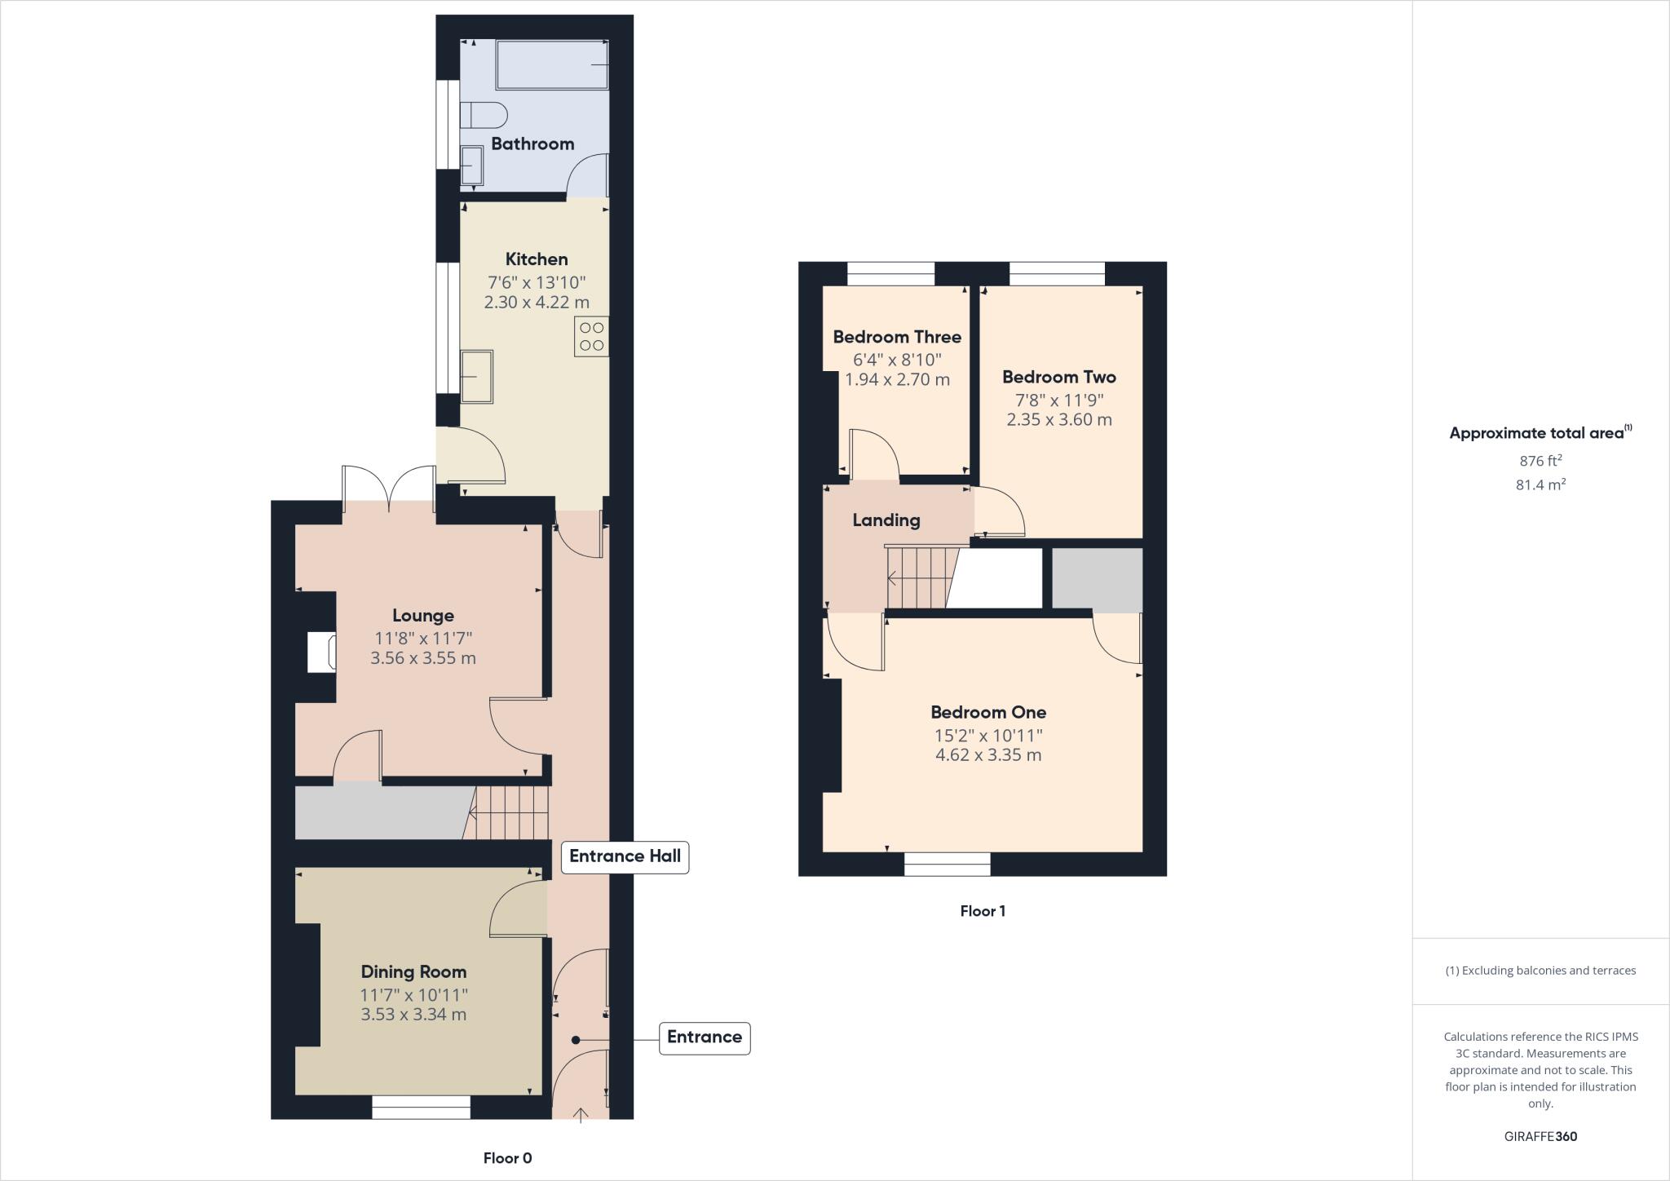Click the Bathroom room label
click(532, 144)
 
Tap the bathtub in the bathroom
click(552, 64)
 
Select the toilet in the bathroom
click(483, 115)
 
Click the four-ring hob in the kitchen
click(591, 337)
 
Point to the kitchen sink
click(477, 377)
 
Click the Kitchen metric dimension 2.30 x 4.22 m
click(536, 303)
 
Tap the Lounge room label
click(422, 616)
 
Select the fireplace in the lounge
click(320, 652)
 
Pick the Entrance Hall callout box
click(625, 856)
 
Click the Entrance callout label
click(704, 1037)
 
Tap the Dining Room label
click(413, 972)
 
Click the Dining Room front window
click(421, 1107)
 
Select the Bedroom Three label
click(896, 337)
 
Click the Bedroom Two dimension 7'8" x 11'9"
click(1058, 400)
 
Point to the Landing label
click(886, 520)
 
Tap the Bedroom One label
click(987, 713)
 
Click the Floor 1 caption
click(982, 911)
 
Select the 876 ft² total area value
click(1540, 461)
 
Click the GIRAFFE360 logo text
click(1540, 1136)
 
